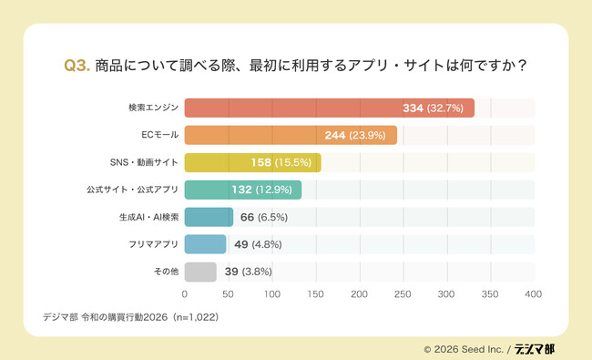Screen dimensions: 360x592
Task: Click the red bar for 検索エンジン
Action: tap(329, 108)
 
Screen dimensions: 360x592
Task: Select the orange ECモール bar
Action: tap(291, 136)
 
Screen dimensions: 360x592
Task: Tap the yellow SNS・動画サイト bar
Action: tap(252, 163)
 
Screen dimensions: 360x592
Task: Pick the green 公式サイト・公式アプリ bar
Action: tap(242, 190)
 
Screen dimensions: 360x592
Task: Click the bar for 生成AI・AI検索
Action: tap(209, 217)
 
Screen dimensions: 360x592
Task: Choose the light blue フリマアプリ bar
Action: tap(205, 244)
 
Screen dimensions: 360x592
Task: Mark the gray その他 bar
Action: tap(200, 272)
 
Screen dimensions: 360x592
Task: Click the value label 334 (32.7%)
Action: tap(434, 108)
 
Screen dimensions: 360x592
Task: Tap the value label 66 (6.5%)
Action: tap(265, 217)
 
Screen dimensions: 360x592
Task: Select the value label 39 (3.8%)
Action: tap(248, 272)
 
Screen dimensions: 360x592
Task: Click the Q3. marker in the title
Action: tap(76, 66)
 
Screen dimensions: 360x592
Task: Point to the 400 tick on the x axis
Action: tap(534, 294)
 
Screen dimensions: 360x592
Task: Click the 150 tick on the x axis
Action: tap(316, 294)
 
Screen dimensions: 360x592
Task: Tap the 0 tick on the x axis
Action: tap(185, 294)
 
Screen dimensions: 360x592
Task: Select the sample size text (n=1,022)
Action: tap(189, 318)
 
